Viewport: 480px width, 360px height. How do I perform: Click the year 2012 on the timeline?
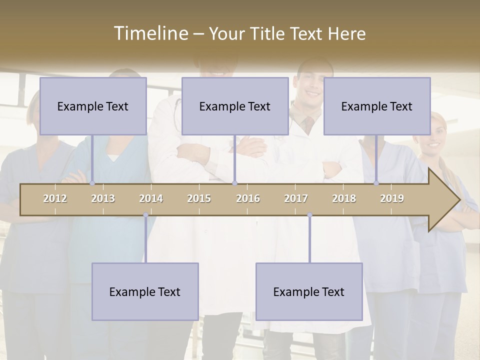[55, 198]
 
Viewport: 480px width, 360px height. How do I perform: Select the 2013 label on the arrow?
[103, 198]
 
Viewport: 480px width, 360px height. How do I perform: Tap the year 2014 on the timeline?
[151, 198]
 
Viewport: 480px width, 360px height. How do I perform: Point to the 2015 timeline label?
[199, 198]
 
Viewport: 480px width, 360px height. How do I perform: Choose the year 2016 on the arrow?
[248, 198]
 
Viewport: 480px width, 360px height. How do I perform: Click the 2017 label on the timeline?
[296, 198]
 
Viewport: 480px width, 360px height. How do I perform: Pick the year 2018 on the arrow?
[344, 198]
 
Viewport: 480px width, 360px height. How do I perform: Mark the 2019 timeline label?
[392, 198]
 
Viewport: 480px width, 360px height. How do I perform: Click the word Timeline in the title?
[150, 33]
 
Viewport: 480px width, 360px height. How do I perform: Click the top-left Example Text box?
[93, 106]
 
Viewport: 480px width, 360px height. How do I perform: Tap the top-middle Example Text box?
[235, 106]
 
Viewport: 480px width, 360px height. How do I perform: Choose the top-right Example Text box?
[377, 106]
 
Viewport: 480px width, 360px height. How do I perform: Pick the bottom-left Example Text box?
[145, 291]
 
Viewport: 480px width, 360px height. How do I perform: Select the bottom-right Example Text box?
[309, 291]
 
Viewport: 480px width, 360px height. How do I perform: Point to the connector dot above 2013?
[92, 183]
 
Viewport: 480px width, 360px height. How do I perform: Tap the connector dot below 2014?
[145, 215]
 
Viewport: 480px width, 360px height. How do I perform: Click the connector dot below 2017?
[309, 215]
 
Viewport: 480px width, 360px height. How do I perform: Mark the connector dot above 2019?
[376, 183]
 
